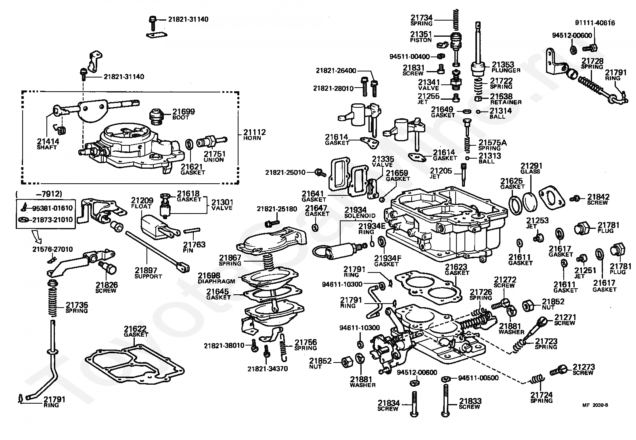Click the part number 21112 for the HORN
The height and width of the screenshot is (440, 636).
tap(254, 132)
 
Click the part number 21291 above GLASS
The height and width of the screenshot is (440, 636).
tap(531, 166)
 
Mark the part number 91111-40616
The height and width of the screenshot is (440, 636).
tap(595, 23)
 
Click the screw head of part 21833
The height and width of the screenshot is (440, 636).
tap(445, 414)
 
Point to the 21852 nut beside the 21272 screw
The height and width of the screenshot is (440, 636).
tap(528, 306)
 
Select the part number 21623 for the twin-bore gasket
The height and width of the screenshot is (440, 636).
tap(457, 267)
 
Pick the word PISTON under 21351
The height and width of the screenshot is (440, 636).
tap(421, 40)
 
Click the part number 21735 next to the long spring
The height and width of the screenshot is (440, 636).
tap(77, 305)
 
